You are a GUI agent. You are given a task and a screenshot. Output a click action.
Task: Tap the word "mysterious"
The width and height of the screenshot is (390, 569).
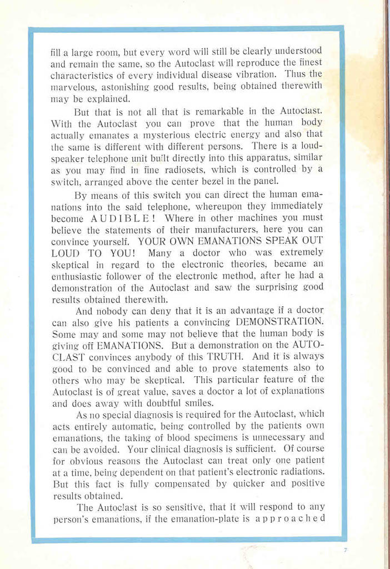point(161,134)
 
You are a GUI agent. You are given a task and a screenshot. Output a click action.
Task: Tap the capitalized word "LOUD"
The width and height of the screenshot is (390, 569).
point(65,253)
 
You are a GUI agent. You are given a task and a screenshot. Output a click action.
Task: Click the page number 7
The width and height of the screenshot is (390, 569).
point(345,551)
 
